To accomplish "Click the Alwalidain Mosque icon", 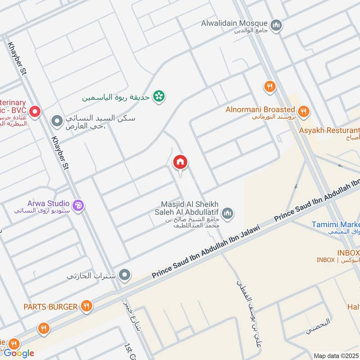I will click(x=277, y=24).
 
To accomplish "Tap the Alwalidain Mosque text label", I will click(x=234, y=23).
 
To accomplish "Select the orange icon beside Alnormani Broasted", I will click(x=304, y=110).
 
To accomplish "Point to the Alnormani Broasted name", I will click(x=261, y=110).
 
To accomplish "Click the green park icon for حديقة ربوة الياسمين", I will click(x=158, y=96).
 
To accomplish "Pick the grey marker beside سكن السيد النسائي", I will click(x=57, y=121).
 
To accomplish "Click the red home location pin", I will click(x=180, y=162).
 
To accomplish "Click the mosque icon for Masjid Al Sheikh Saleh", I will click(x=228, y=212).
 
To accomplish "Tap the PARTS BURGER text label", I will click(x=51, y=307).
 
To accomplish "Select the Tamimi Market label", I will click(x=336, y=225).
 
